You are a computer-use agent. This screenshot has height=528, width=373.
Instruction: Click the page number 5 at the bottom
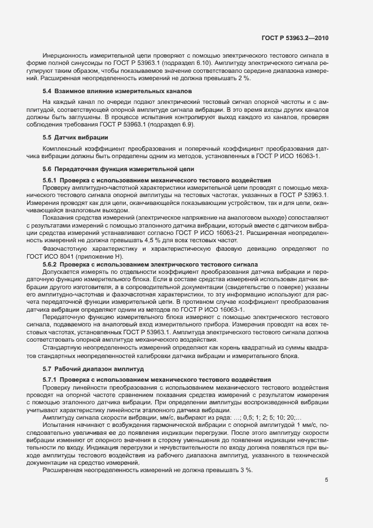click(326, 480)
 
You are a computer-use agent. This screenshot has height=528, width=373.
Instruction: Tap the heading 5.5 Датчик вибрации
click(76, 138)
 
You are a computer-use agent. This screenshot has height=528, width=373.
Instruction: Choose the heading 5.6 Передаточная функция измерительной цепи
click(119, 169)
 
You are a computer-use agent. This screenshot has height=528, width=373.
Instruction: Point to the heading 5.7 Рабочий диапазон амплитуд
click(94, 368)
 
